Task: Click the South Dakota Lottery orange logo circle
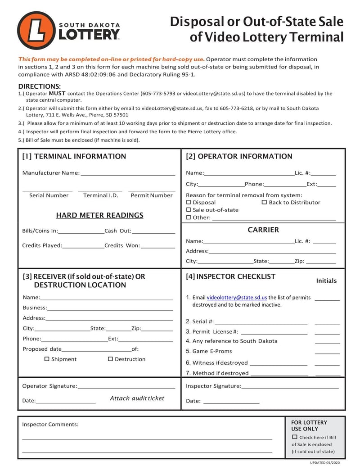tap(36, 30)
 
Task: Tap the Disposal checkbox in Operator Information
tap(189, 203)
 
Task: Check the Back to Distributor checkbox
tap(265, 203)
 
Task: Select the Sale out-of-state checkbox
tap(189, 210)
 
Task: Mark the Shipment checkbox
tap(47, 359)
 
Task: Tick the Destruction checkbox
tap(110, 359)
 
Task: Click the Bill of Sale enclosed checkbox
tap(295, 437)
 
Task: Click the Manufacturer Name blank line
tap(128, 173)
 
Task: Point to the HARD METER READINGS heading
tap(99, 215)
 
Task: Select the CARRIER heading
tap(263, 230)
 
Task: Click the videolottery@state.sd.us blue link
tap(237, 298)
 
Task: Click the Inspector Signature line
tap(290, 386)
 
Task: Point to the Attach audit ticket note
tap(137, 398)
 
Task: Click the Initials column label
tap(326, 281)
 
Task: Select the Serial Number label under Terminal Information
tap(49, 195)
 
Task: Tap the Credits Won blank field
tap(157, 246)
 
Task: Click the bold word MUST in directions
tap(57, 94)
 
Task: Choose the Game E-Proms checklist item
tap(212, 351)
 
